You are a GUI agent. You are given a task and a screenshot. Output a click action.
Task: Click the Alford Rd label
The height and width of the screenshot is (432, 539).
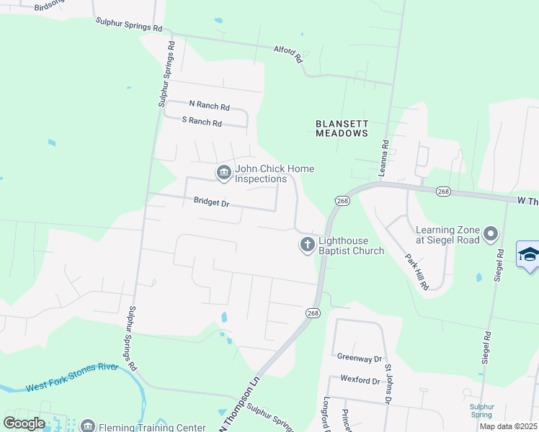(288, 54)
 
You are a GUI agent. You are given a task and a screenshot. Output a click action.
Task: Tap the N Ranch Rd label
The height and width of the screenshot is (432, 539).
(208, 106)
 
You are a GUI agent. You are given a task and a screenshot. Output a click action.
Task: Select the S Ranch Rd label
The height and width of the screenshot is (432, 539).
(202, 122)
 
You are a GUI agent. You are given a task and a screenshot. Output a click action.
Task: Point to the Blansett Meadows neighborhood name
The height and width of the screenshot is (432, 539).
(342, 128)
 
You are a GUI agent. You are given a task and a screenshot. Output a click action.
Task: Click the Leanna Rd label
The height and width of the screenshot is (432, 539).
(385, 157)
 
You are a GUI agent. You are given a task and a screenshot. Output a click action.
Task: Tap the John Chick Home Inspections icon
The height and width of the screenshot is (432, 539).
(223, 172)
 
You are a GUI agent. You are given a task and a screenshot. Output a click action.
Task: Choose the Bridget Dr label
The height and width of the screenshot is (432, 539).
(211, 203)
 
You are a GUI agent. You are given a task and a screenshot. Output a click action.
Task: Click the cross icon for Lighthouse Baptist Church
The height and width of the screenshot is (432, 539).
(307, 246)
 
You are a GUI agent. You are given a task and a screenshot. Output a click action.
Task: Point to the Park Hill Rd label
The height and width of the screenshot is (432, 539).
(416, 271)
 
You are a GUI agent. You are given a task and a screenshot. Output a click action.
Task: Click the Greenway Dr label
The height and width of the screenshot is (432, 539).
(359, 357)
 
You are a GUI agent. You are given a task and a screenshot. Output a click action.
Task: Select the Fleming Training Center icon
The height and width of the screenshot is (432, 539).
(87, 426)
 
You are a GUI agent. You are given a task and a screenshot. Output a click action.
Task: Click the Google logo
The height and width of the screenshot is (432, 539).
(24, 423)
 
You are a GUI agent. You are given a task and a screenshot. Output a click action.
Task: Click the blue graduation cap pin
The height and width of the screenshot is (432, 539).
(529, 255)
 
